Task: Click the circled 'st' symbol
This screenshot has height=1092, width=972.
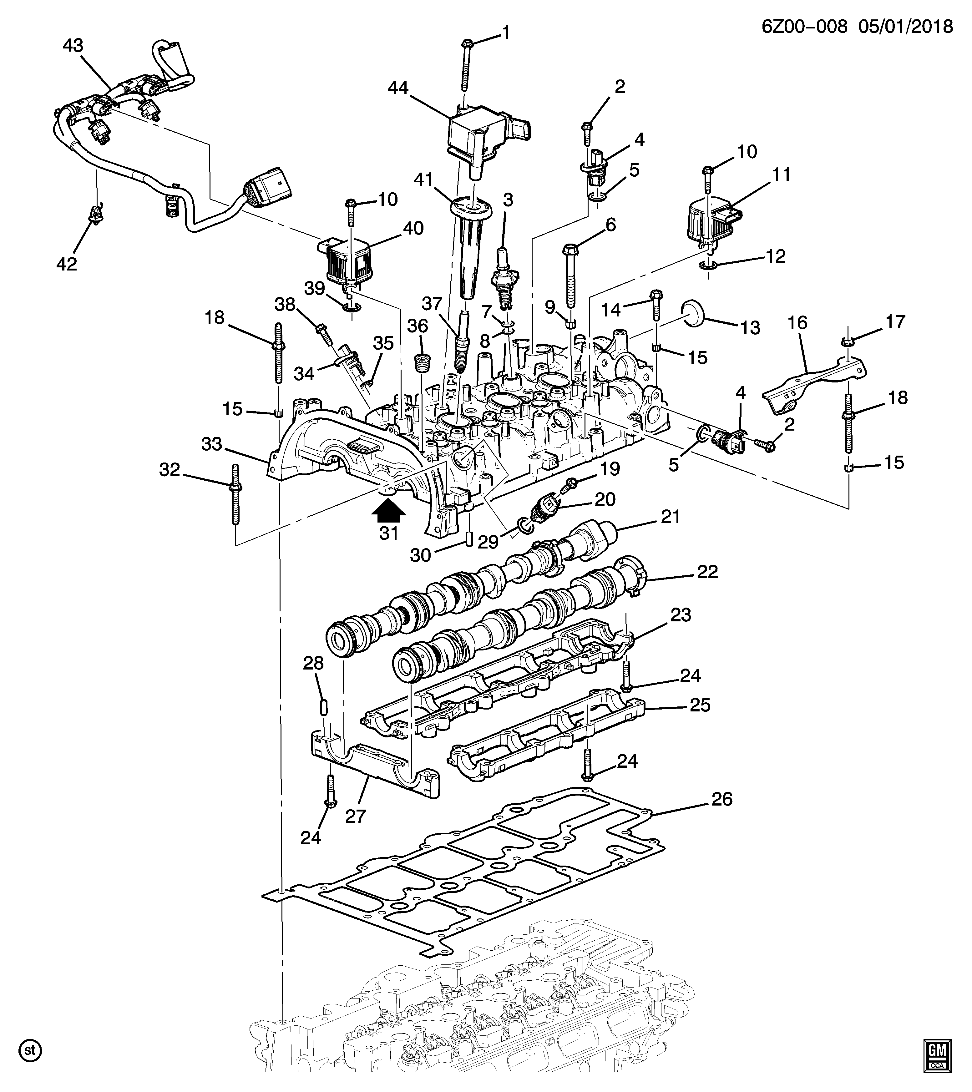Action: [30, 1049]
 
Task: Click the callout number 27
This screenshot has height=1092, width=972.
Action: [355, 816]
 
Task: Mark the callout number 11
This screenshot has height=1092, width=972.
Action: [781, 175]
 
